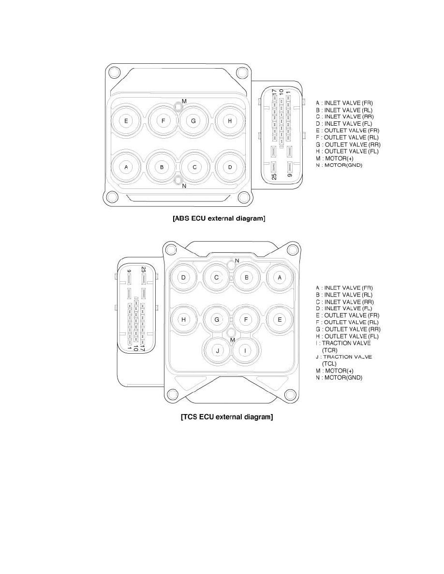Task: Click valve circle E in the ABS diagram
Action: pyautogui.click(x=126, y=121)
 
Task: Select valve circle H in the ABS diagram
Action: pyautogui.click(x=230, y=121)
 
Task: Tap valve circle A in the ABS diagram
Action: pyautogui.click(x=126, y=167)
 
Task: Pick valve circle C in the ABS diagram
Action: pyautogui.click(x=194, y=167)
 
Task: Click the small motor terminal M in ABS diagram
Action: pyautogui.click(x=178, y=106)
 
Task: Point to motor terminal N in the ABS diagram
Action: pyautogui.click(x=178, y=180)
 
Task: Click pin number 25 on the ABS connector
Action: pyautogui.click(x=274, y=176)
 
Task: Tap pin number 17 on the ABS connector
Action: pyautogui.click(x=274, y=93)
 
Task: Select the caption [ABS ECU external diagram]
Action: pyautogui.click(x=219, y=218)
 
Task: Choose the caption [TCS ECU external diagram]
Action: pyautogui.click(x=227, y=416)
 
